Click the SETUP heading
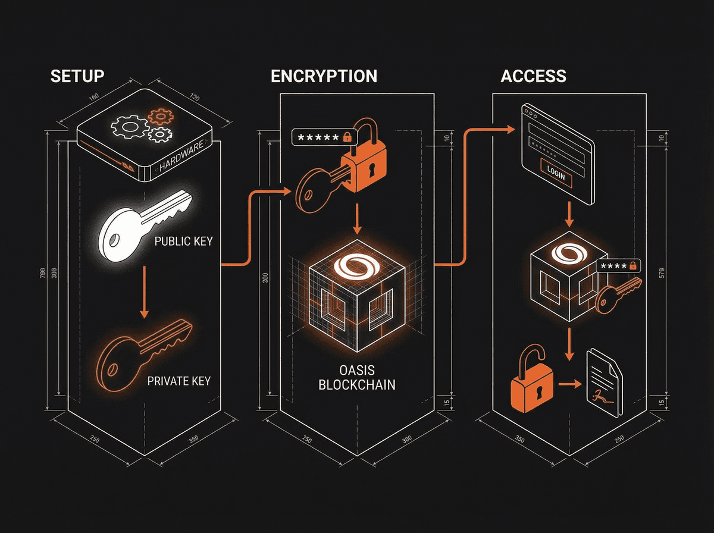coord(77,76)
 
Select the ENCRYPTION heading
coord(324,76)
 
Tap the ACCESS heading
coord(533,76)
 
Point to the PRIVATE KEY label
coord(178,381)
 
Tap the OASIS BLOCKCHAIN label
coord(356,377)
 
